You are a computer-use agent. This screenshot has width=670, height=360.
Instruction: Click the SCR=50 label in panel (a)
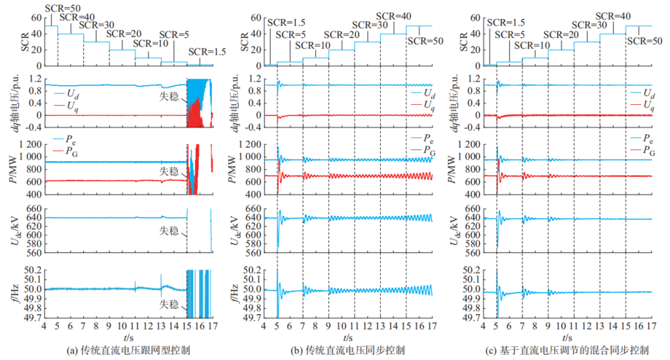click(x=63, y=8)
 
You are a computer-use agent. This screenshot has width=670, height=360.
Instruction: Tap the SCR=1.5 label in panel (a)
click(x=207, y=52)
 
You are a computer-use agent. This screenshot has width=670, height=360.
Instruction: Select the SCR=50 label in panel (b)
click(x=425, y=41)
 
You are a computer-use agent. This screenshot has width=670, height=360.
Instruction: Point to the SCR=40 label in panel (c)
click(x=613, y=16)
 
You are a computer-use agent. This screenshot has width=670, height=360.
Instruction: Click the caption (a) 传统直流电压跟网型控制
click(x=129, y=351)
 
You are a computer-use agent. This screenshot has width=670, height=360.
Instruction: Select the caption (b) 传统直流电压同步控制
click(x=348, y=351)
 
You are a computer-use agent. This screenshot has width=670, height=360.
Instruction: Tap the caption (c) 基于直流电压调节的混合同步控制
click(x=567, y=351)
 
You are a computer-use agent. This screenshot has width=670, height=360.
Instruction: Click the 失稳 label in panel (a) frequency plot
click(x=169, y=304)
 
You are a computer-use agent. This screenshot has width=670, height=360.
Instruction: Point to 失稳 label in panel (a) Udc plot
click(x=169, y=231)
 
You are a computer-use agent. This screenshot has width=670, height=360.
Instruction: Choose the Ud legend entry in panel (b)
click(x=423, y=93)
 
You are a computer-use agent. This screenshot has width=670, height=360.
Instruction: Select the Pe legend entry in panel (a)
click(x=65, y=139)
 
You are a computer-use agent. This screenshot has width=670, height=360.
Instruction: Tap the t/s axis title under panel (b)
click(x=348, y=338)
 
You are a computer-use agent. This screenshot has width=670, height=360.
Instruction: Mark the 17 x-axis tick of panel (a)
click(x=213, y=326)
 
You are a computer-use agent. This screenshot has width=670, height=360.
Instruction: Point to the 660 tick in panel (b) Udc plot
click(x=253, y=209)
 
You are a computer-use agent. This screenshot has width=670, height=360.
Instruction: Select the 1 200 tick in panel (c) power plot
click(x=468, y=145)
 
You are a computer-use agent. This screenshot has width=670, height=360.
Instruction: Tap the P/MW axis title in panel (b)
click(x=233, y=170)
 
